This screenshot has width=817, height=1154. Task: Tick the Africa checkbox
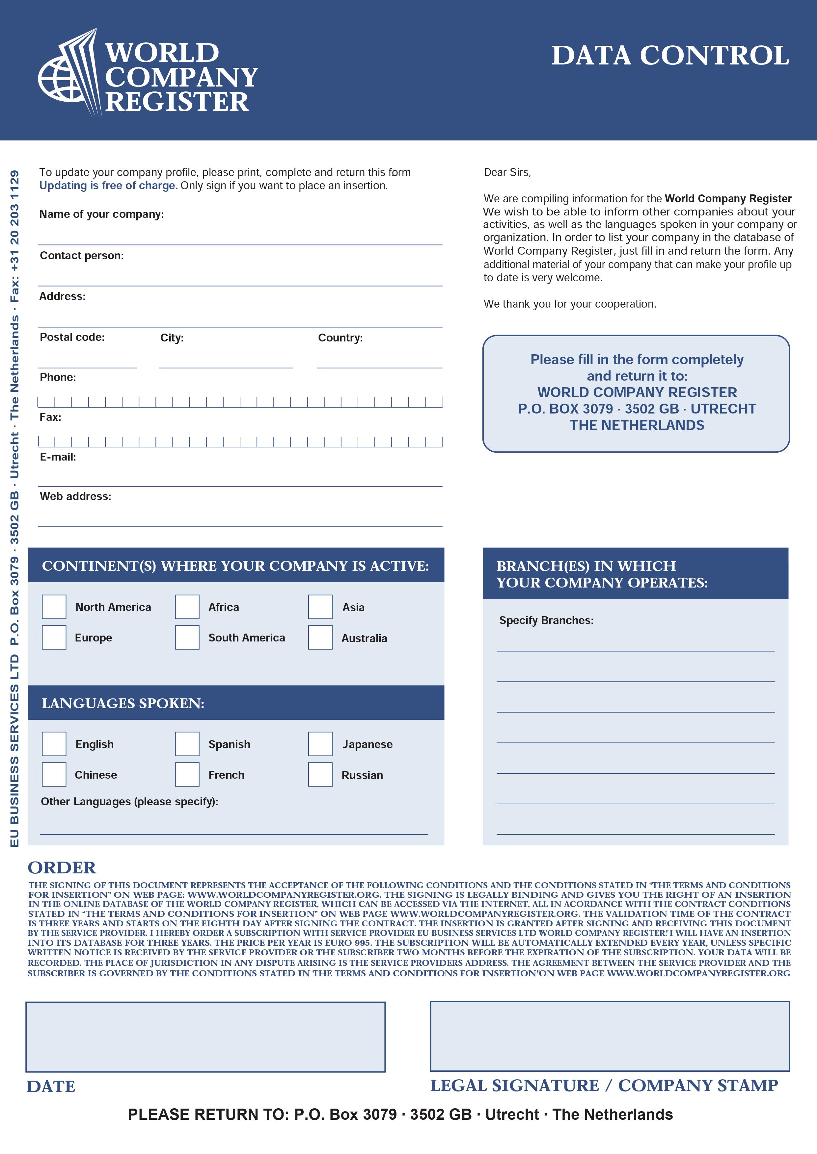tap(187, 607)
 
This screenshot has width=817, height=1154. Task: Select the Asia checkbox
tap(320, 607)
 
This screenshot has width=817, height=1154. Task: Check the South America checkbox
tap(187, 637)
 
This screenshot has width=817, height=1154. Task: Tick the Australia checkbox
tap(320, 637)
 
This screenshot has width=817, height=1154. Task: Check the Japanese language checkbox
tap(320, 744)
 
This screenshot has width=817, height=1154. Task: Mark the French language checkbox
tap(187, 774)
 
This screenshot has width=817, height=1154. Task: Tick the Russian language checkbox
tap(320, 774)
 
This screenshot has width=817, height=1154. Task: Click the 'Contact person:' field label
tap(81, 256)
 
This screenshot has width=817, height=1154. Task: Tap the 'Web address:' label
tap(75, 497)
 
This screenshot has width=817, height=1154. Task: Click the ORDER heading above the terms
tap(61, 867)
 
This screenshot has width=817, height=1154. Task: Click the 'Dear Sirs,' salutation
tap(507, 172)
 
